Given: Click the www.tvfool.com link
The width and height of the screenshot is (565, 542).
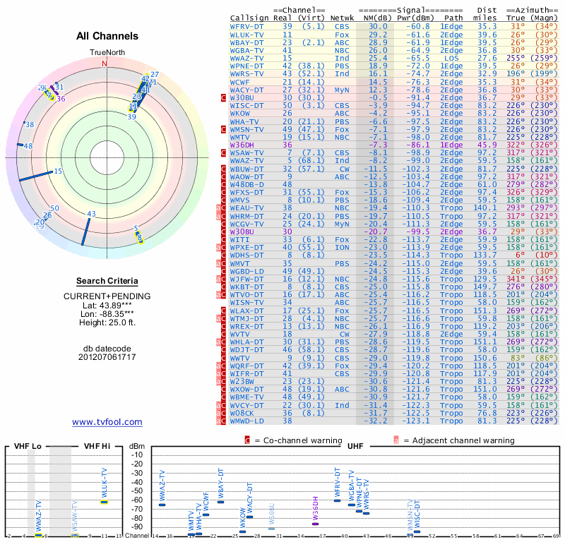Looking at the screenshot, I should pos(107,422).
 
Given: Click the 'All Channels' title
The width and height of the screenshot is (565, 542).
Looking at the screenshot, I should pos(107,36).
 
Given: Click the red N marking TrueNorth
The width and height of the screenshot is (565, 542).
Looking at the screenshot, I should pos(105,64).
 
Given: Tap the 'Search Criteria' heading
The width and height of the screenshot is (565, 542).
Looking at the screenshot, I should pos(107,281).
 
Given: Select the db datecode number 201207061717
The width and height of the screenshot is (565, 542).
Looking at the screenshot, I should pos(107,357).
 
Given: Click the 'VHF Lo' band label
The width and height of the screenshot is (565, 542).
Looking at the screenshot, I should pos(28,447).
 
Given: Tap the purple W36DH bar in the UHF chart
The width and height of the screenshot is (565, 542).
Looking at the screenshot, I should pos(315,522).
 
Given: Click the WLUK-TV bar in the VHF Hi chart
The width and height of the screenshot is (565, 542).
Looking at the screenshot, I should pos(104,502).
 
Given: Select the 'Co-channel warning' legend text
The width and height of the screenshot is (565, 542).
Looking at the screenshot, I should pos(290,440).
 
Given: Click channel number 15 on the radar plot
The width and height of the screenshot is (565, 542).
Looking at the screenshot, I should pos(58,171).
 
